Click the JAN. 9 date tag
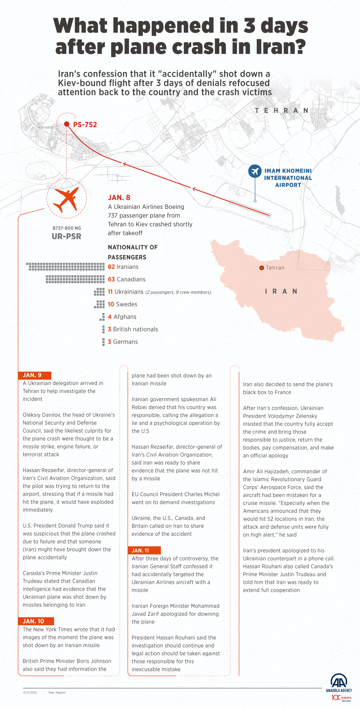coord(34,375)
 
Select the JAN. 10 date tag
coord(36,621)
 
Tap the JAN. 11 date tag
coord(144,550)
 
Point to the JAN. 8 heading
coord(119,198)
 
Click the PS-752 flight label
coord(85,125)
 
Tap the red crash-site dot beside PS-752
coord(67,124)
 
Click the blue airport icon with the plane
coord(255,171)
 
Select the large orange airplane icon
coord(66,199)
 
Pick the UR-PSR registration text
coord(66,236)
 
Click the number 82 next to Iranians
coord(111,267)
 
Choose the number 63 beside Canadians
coord(111,280)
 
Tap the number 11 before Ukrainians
coord(110,292)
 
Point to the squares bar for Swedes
coord(100,304)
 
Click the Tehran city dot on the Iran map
coord(262,268)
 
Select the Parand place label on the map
coord(45,127)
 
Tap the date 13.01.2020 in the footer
coord(30,693)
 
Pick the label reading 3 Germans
coord(123,342)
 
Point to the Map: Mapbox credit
coord(57,693)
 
